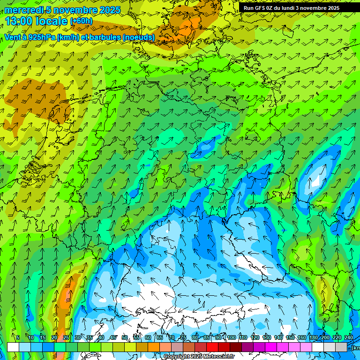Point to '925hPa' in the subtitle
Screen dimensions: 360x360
(42, 37)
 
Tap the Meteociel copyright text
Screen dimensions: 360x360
(199, 357)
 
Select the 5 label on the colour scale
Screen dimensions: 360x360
(18, 338)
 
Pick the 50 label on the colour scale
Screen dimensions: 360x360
(124, 338)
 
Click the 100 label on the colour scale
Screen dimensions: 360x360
(231, 338)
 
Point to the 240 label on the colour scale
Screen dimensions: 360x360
(348, 338)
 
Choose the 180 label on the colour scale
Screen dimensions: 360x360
(313, 338)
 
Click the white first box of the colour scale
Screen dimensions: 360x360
(13, 347)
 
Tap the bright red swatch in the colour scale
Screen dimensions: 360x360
(212, 347)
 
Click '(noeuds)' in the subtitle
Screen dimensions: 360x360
(139, 37)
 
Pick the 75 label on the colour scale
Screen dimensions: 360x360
(183, 338)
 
